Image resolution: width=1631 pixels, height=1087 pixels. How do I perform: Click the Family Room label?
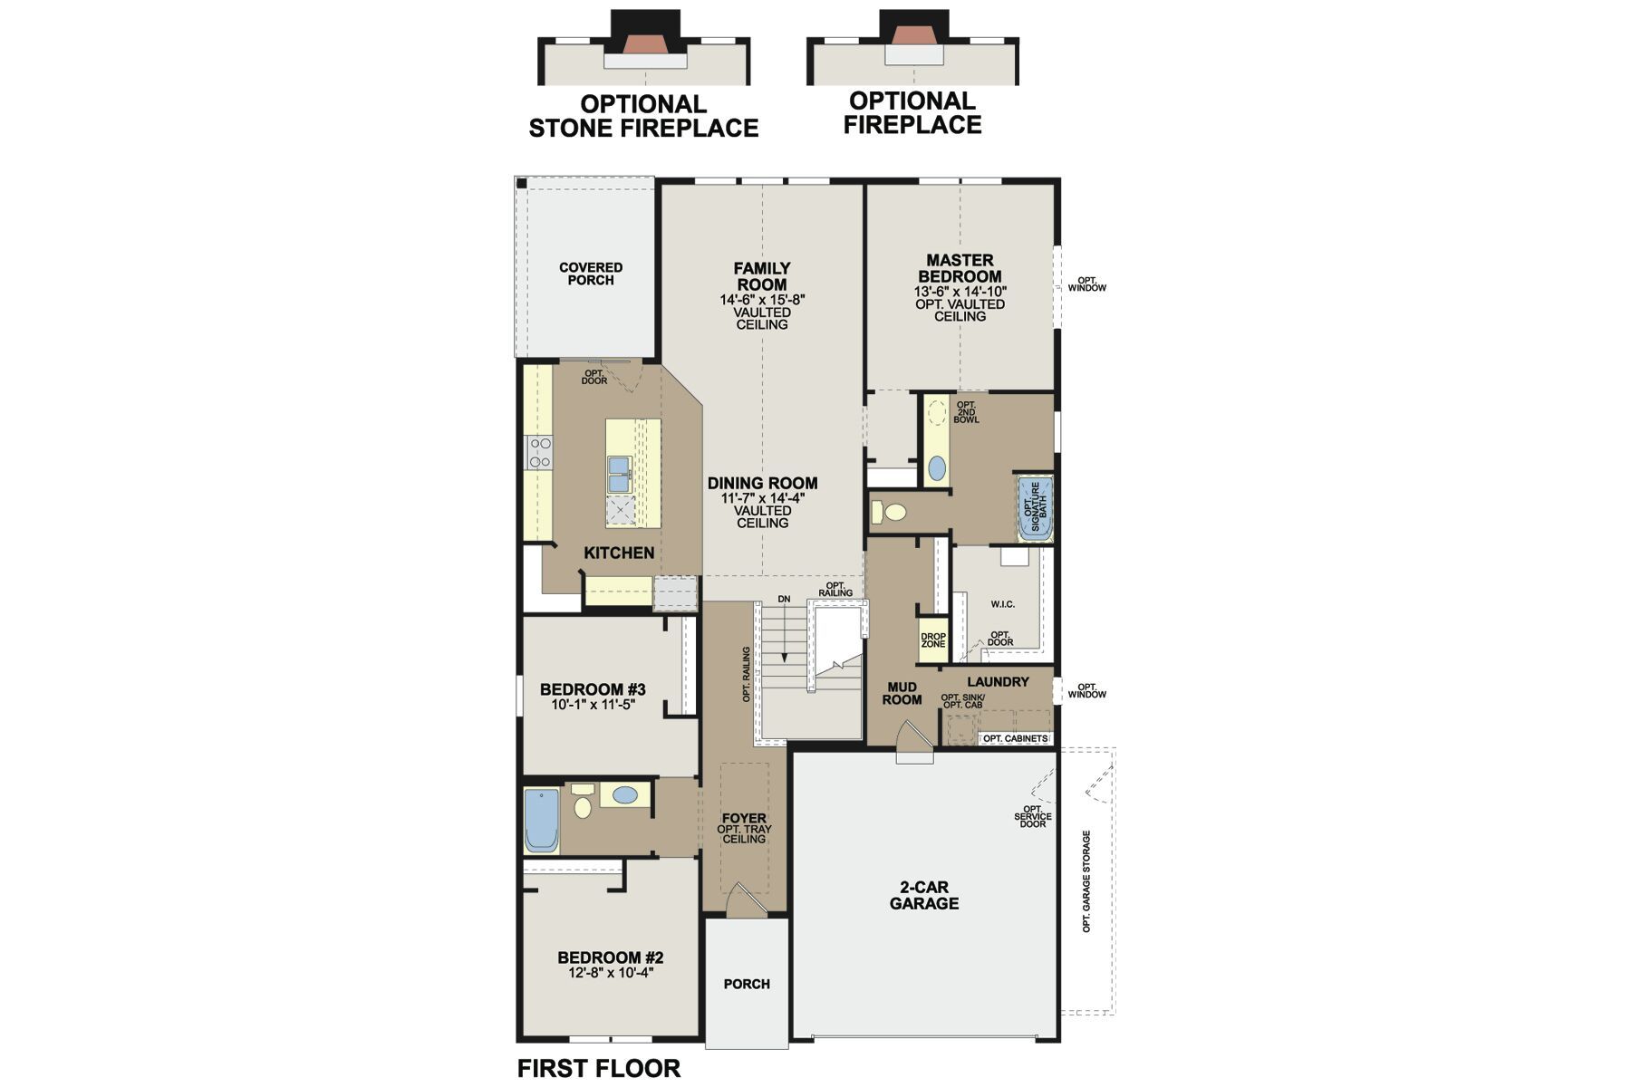click(x=761, y=276)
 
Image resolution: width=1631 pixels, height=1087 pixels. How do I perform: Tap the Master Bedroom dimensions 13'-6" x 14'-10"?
click(x=960, y=292)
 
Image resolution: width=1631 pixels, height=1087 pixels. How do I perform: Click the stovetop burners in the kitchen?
click(x=539, y=452)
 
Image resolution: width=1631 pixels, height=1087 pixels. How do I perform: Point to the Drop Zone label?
click(x=932, y=640)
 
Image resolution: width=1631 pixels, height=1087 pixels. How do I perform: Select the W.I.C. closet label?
click(x=1002, y=604)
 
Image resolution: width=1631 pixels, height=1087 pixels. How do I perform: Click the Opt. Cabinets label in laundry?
click(x=1015, y=739)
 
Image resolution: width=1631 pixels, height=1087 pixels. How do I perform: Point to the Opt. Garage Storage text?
click(x=1086, y=881)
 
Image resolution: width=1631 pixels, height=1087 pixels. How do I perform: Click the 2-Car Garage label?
click(x=923, y=896)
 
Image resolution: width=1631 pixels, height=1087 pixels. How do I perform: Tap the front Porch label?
click(x=747, y=984)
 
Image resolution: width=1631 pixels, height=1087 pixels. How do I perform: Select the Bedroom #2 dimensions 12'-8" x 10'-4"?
click(x=610, y=973)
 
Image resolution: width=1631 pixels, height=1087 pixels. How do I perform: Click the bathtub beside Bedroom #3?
click(x=542, y=820)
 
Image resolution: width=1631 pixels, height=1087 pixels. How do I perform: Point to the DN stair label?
click(x=784, y=600)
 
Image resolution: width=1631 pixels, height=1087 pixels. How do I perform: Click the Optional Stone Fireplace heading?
click(x=643, y=116)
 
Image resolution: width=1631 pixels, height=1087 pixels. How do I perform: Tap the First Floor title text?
click(x=598, y=1069)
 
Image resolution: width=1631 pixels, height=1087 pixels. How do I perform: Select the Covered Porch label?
click(x=591, y=274)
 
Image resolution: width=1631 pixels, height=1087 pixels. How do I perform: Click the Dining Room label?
click(x=762, y=484)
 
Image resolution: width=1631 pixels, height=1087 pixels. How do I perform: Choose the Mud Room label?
click(x=902, y=694)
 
